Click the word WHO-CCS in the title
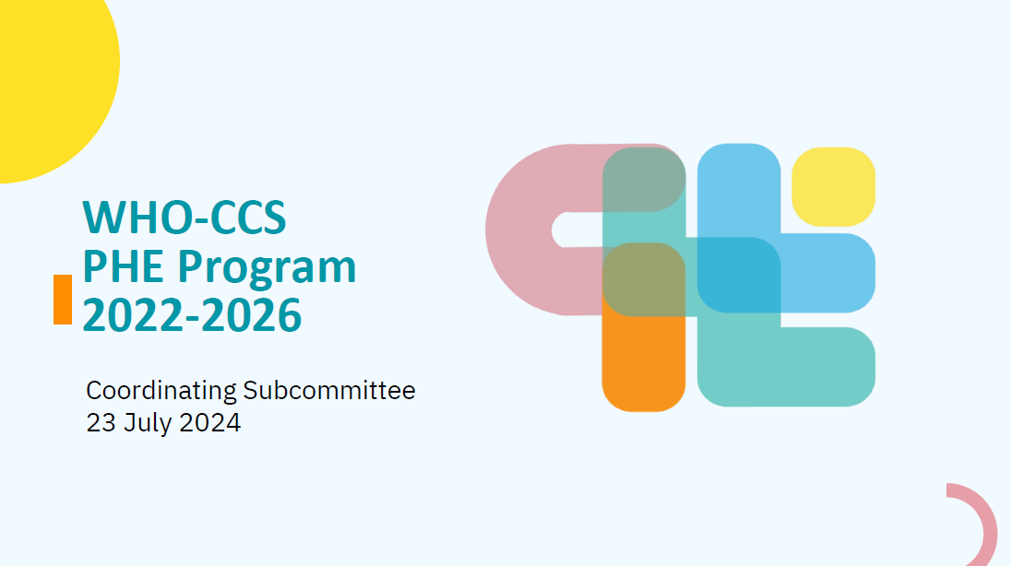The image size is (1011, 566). pos(184,218)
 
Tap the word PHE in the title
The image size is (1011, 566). pos(123,266)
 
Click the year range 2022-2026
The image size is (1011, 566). pos(192,315)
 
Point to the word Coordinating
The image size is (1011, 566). pos(161,391)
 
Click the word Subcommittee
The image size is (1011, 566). pos(328,390)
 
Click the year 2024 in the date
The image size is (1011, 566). pos(209,423)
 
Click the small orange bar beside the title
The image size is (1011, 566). pos(63,299)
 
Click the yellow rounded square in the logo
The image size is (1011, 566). pos(833,187)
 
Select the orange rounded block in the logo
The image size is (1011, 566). pos(644,364)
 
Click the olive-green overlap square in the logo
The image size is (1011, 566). pos(644,280)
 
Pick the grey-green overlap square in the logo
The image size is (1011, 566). pos(644,179)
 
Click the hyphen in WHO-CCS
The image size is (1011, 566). pos(199,219)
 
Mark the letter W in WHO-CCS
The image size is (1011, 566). pos(103,218)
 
